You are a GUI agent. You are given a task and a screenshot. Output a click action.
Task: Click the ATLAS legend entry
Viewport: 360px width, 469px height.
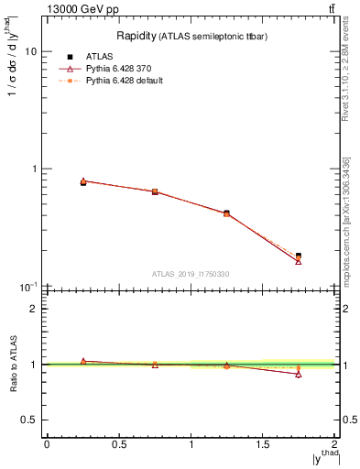tap(97, 57)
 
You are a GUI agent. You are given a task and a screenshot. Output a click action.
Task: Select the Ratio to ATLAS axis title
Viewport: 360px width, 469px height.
tap(13, 365)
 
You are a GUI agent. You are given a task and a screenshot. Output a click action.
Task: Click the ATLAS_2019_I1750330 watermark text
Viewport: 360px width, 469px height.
tap(191, 274)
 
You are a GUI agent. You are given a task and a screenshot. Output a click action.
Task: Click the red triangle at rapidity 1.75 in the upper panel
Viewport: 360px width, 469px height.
tap(299, 262)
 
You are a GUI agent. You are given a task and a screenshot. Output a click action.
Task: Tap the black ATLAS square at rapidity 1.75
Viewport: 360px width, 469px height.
tap(299, 256)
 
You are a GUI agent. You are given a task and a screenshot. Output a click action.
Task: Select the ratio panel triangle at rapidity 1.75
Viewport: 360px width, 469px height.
tap(299, 374)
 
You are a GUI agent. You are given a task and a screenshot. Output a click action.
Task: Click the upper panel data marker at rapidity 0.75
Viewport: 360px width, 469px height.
tap(155, 191)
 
